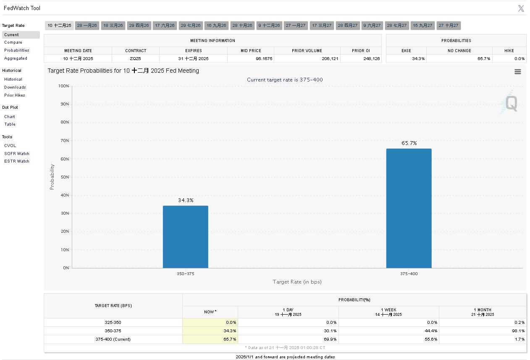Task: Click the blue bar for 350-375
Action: tap(185, 236)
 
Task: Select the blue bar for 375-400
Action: tap(409, 208)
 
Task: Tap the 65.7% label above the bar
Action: tap(409, 143)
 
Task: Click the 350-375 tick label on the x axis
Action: tap(185, 274)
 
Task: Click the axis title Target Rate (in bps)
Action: tap(297, 282)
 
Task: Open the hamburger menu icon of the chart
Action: tap(517, 72)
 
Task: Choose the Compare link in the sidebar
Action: tap(13, 42)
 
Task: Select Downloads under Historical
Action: tap(15, 87)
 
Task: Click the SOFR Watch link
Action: tap(17, 154)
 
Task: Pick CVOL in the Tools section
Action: tap(10, 146)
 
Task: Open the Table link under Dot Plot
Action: tap(10, 124)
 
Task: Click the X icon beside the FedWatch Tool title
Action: tap(521, 8)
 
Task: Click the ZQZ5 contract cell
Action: tap(136, 59)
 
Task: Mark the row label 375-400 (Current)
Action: tap(113, 339)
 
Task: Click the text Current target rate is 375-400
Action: tap(285, 80)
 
